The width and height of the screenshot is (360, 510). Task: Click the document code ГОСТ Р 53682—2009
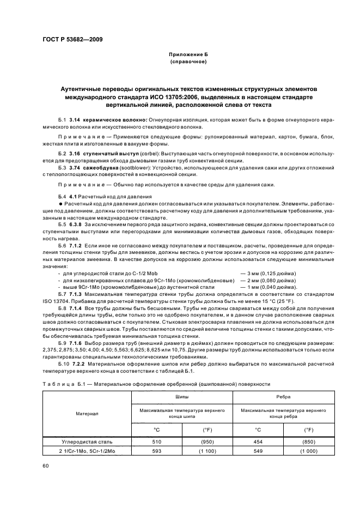point(72,40)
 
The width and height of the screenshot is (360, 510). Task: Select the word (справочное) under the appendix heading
point(187,62)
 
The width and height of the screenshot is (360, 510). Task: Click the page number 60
point(45,465)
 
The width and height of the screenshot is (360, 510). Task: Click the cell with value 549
point(258,452)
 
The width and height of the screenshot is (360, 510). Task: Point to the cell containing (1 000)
point(308,452)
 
